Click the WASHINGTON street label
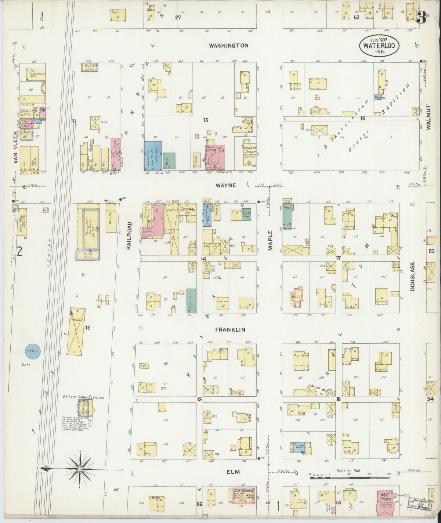point(229,45)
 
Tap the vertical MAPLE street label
point(270,240)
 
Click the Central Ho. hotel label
point(187,211)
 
